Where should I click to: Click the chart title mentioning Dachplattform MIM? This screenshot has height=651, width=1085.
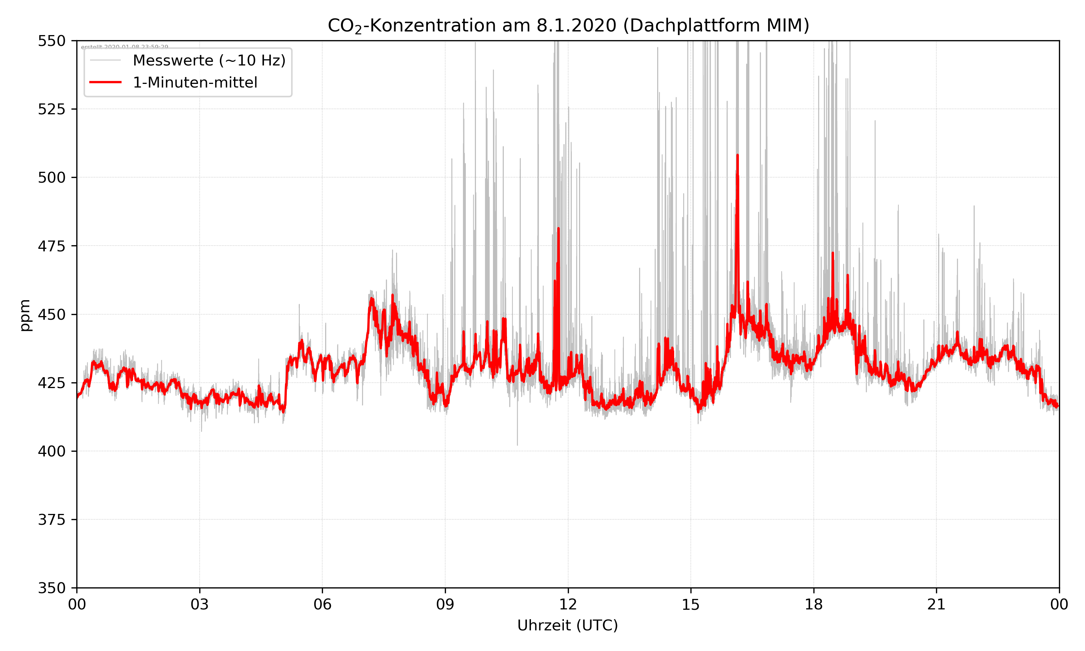click(568, 25)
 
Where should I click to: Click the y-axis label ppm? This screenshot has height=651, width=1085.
click(25, 315)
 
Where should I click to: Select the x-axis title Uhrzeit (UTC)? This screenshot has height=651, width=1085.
click(567, 625)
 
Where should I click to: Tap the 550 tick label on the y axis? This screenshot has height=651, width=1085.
click(51, 41)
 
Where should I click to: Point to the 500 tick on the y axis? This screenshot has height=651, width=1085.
click(51, 178)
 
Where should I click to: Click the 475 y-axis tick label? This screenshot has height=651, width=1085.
click(51, 246)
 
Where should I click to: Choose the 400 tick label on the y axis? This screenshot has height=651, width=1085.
click(51, 451)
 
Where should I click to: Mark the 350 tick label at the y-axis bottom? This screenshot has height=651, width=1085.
click(51, 588)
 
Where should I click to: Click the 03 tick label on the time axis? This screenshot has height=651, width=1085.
click(200, 604)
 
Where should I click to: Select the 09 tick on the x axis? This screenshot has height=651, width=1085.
click(445, 604)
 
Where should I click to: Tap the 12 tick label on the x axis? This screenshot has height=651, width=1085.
click(568, 604)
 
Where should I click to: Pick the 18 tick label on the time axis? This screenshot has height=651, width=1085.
click(813, 604)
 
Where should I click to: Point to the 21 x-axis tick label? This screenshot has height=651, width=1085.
click(936, 604)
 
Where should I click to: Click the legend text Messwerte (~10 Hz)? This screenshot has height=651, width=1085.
click(209, 60)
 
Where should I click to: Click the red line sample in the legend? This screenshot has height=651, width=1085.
click(105, 82)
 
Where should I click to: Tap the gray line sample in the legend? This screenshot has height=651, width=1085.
click(105, 60)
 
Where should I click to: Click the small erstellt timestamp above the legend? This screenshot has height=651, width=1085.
click(124, 47)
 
